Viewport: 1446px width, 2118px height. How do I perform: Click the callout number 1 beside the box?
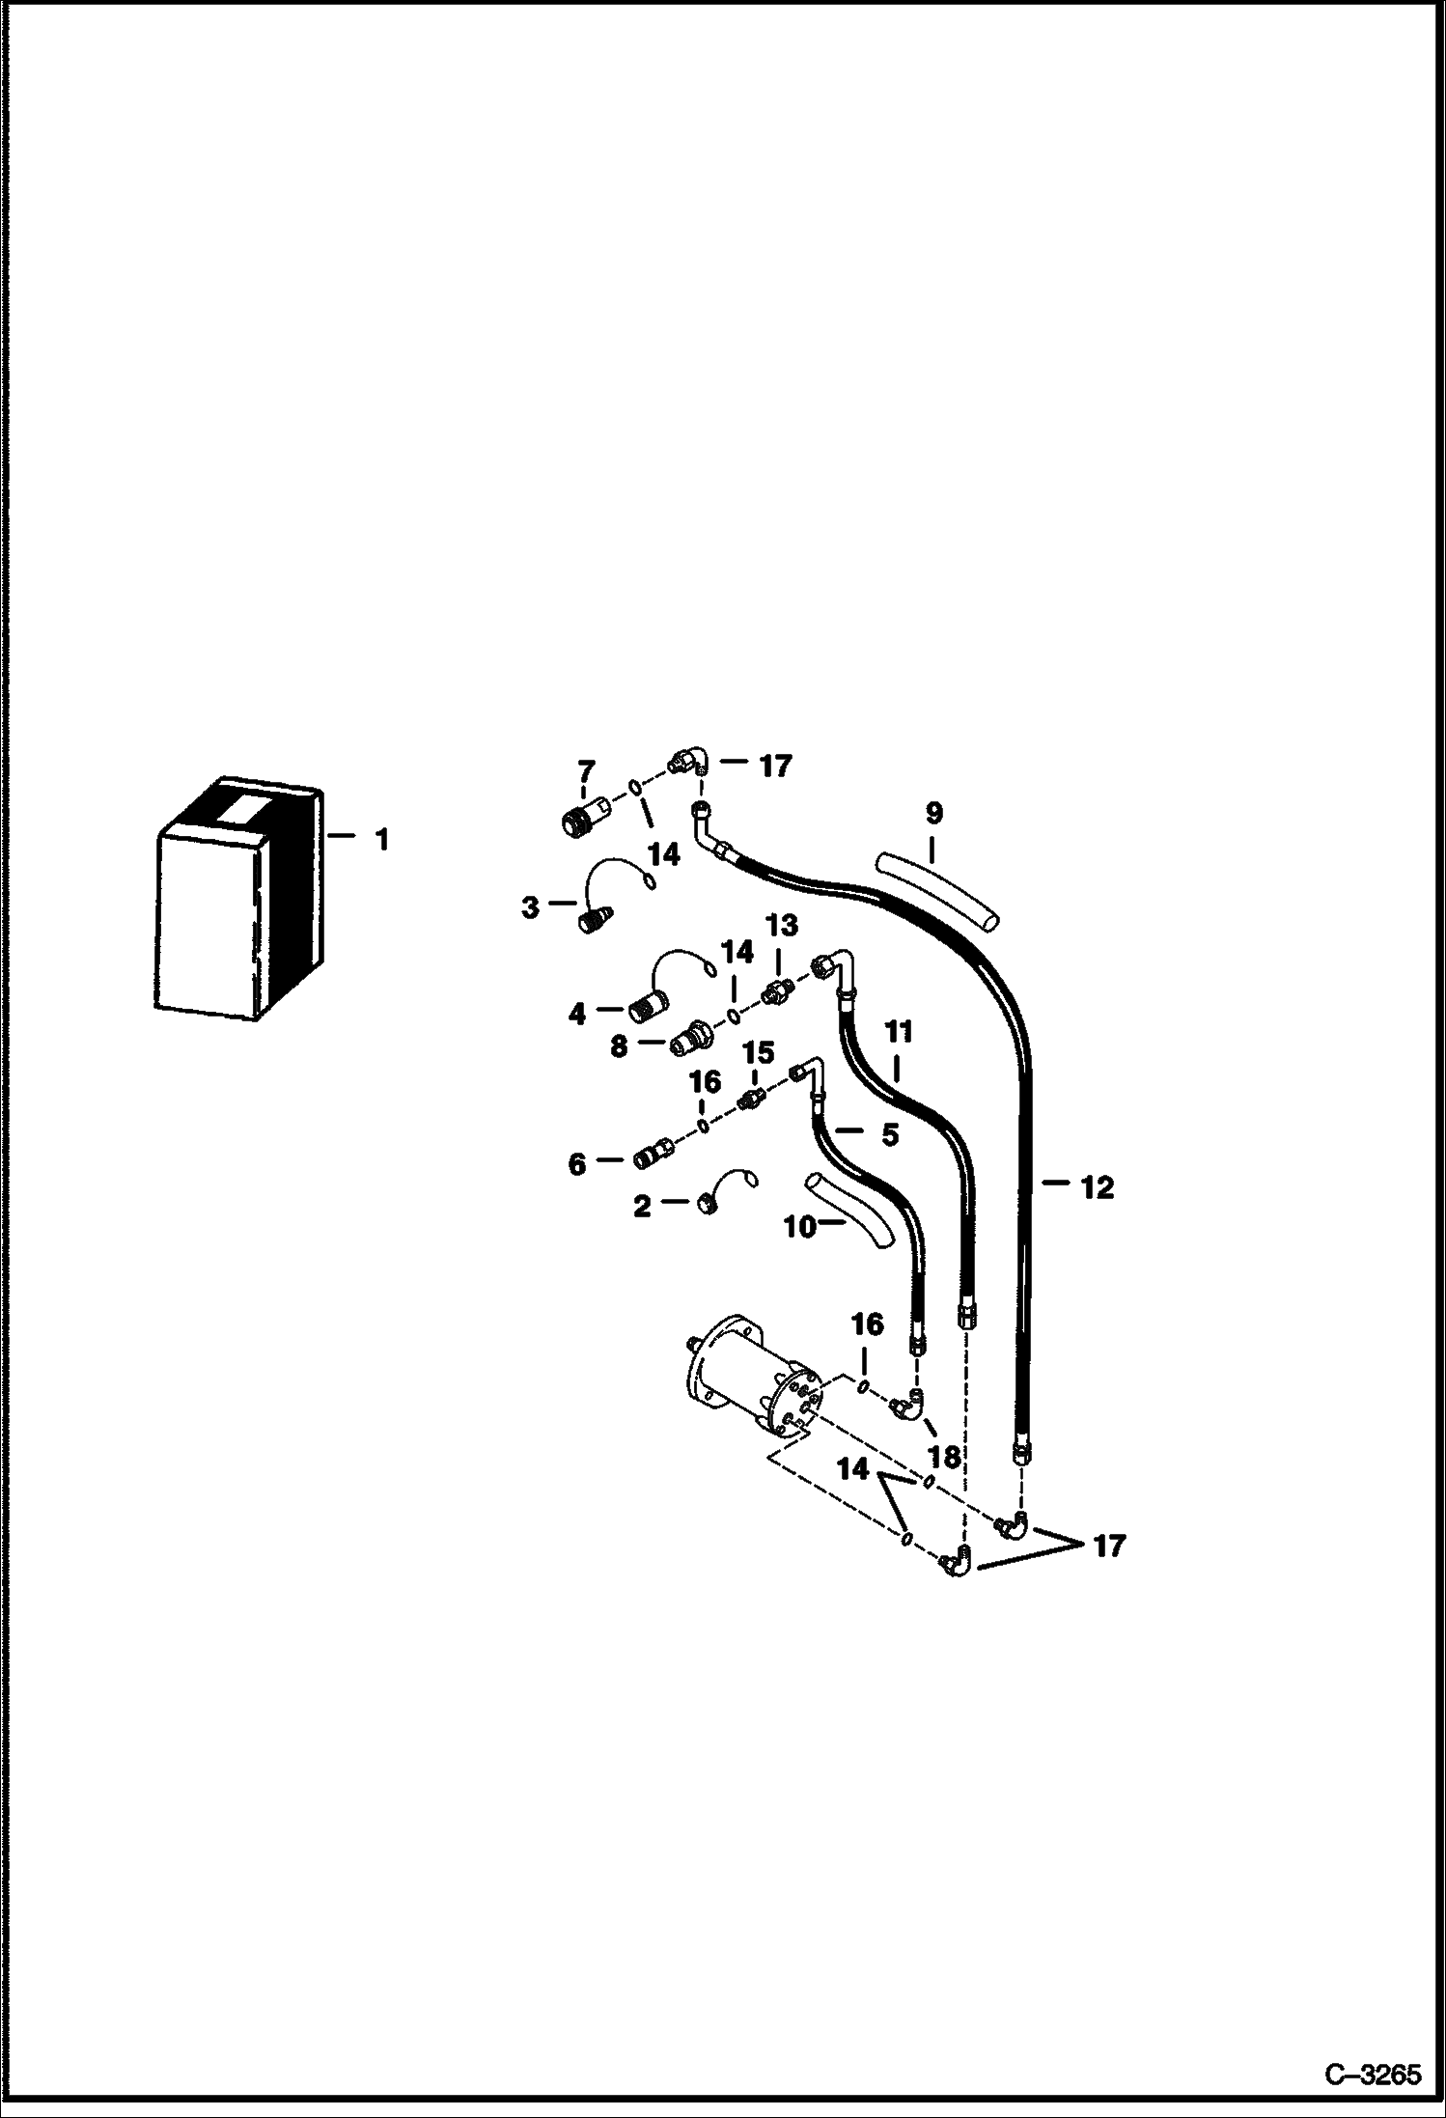(381, 840)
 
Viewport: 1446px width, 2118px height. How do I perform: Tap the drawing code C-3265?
(1373, 2074)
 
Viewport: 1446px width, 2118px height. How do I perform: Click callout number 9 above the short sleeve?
(933, 813)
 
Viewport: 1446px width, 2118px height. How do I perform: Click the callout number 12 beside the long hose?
(1097, 1187)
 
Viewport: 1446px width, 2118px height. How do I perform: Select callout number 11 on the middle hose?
(899, 1032)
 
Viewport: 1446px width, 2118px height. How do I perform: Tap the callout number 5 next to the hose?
(889, 1135)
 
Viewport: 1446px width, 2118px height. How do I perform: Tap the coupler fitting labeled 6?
(654, 1154)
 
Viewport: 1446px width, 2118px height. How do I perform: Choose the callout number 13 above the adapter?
(781, 926)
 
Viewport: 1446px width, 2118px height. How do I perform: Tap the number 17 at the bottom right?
(1110, 1546)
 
